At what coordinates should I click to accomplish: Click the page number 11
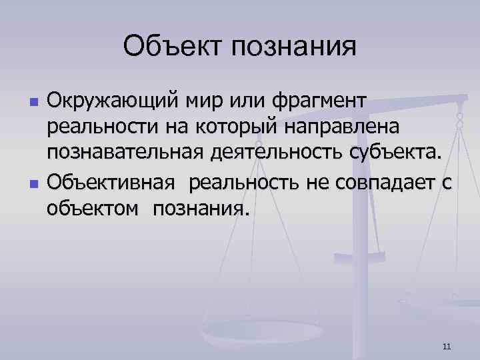click(x=447, y=345)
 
